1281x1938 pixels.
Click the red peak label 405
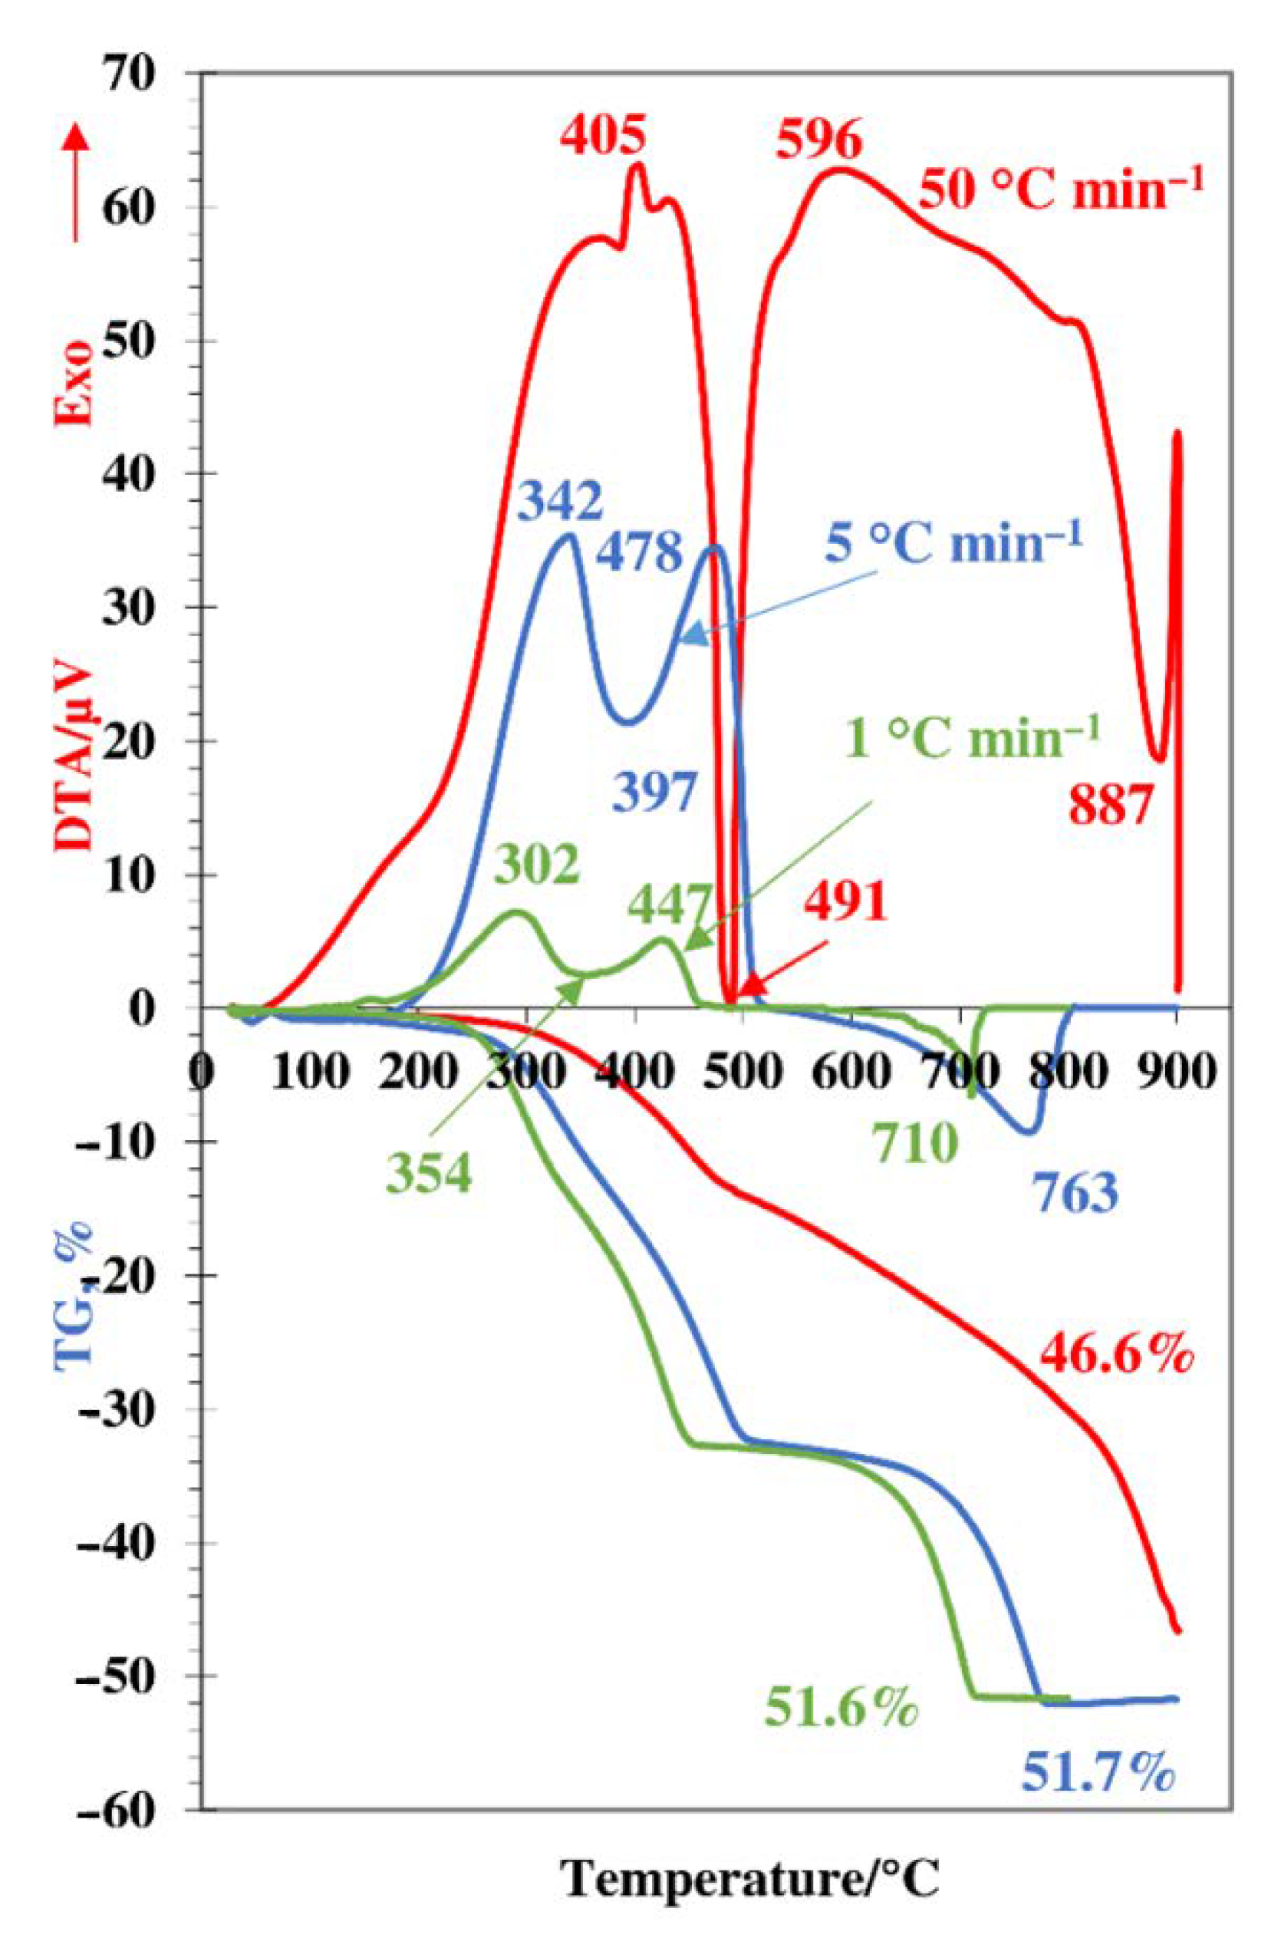coord(604,135)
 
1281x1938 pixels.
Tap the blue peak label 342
coord(561,503)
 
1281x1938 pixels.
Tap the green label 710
coord(914,1143)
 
